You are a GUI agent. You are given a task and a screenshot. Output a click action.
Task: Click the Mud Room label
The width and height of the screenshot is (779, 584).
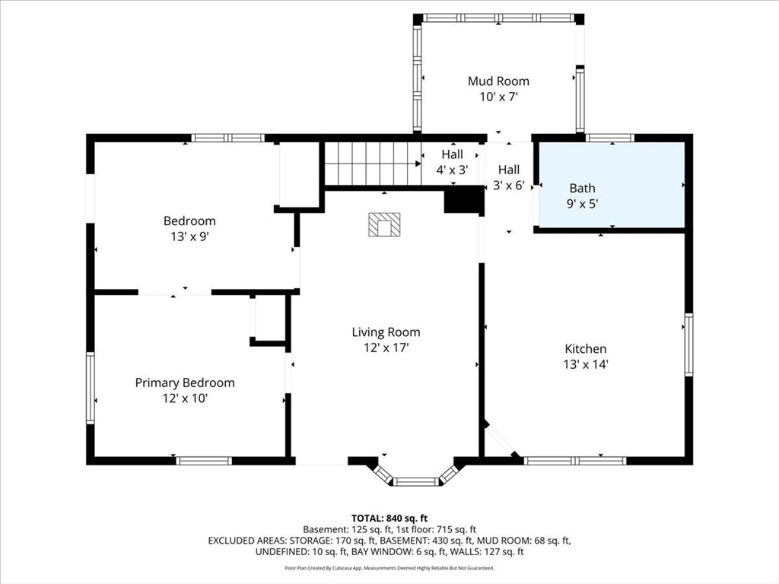(498, 81)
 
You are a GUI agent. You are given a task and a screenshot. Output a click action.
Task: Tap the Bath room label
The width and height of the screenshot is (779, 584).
(582, 189)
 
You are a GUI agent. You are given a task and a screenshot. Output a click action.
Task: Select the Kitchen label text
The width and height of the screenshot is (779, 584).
(586, 348)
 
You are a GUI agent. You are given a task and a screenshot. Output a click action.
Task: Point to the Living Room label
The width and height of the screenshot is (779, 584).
(386, 332)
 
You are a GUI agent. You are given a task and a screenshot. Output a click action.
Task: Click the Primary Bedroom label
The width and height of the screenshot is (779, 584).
(185, 383)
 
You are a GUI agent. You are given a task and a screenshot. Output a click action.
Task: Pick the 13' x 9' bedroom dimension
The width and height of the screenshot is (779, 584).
(189, 236)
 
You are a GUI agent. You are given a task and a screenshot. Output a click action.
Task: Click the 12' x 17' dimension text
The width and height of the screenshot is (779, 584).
(386, 348)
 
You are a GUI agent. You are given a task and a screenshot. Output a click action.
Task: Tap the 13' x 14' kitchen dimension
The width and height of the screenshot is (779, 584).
(586, 364)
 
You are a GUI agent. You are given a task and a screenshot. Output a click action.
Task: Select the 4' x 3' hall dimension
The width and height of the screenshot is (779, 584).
(452, 170)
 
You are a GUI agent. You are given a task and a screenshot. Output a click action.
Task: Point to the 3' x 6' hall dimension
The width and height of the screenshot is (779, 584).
(509, 186)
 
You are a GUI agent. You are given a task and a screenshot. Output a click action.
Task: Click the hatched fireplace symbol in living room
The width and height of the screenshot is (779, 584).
(384, 224)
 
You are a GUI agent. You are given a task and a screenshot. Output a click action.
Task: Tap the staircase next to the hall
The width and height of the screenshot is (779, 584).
(373, 163)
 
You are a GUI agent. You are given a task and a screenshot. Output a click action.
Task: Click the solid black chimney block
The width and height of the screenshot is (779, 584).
(463, 201)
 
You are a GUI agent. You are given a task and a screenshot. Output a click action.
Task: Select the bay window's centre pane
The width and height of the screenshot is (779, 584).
(416, 481)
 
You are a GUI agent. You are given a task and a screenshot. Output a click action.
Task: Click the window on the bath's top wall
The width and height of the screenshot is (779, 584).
(610, 138)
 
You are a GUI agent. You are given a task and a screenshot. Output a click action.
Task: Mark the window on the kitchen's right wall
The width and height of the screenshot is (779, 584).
(688, 344)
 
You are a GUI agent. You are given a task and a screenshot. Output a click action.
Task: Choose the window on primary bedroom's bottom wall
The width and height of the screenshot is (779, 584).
(204, 461)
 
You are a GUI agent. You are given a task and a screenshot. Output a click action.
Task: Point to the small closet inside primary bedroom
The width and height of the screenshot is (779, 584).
(268, 319)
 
